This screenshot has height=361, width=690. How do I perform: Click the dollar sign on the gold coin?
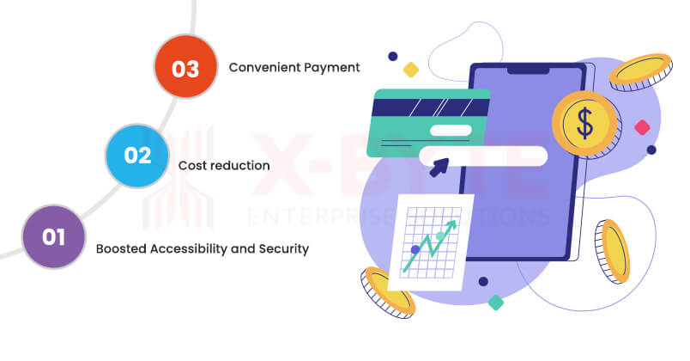(584, 124)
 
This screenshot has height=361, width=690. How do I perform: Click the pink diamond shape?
(641, 128)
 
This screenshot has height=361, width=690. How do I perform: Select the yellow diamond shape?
(411, 70)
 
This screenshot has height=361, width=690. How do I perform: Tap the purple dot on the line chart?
(415, 249)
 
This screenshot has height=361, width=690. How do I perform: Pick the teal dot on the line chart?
(440, 236)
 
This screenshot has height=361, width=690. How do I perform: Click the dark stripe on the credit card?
(429, 107)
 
